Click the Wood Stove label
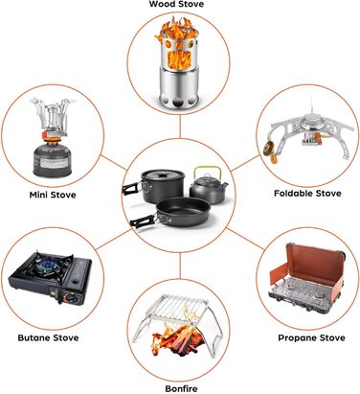pos(176,4)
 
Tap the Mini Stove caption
pos(53,195)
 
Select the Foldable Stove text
pos(307,194)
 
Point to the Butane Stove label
pos(48,337)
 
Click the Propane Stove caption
pos(311,338)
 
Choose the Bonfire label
pos(181,389)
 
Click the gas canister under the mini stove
pos(52,161)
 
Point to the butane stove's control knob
pos(71,299)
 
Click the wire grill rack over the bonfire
pos(180,307)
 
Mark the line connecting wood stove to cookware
pos(180,127)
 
